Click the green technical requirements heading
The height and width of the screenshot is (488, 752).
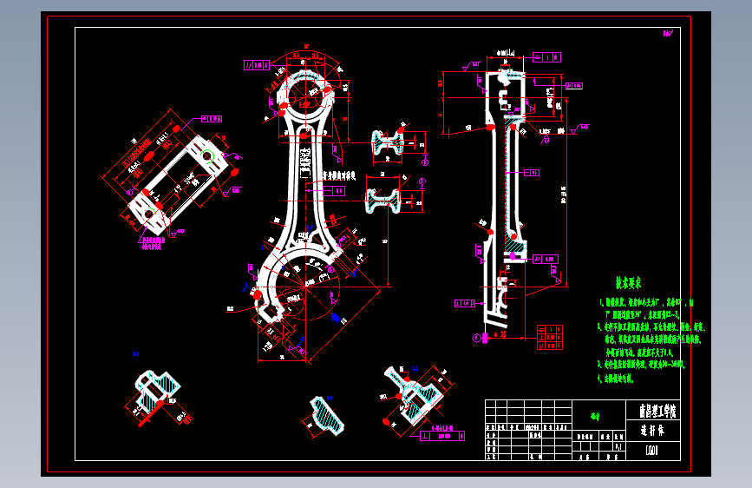pyautogui.click(x=628, y=283)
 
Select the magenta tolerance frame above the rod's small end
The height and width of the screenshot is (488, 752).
pyautogui.click(x=258, y=64)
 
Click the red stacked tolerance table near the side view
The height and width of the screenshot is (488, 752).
pyautogui.click(x=552, y=336)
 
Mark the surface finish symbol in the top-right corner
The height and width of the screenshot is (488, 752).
pyautogui.click(x=669, y=34)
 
